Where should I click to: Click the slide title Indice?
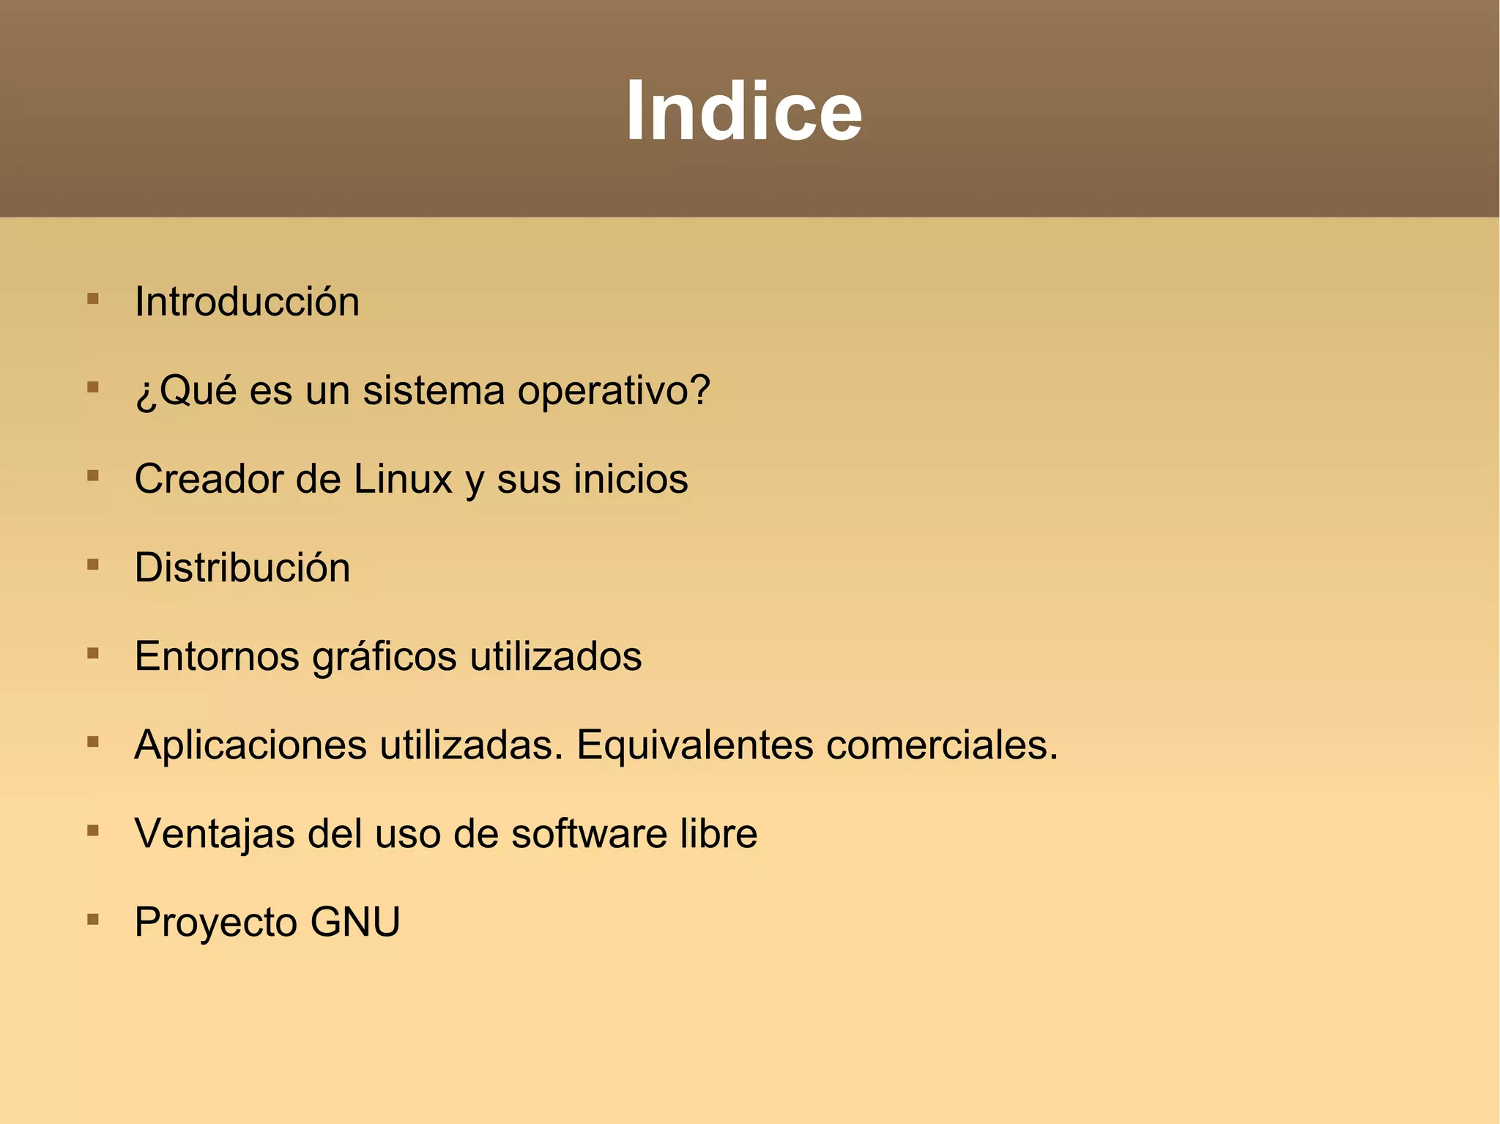(x=743, y=111)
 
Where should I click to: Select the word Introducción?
(x=247, y=302)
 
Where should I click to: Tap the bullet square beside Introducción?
(x=93, y=299)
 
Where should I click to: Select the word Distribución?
(x=242, y=567)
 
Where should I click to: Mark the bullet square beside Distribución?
(x=93, y=565)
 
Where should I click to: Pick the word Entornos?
(x=217, y=656)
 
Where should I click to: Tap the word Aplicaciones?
(x=250, y=745)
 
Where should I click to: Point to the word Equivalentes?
(x=695, y=745)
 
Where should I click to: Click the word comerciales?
(x=942, y=745)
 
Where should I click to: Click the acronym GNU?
(x=355, y=922)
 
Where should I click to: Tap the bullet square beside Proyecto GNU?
(x=93, y=919)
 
